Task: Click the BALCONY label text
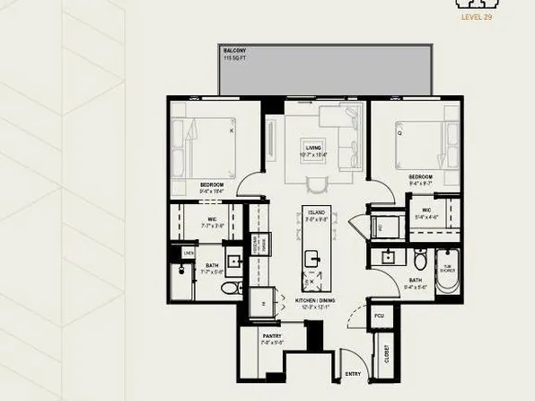234,50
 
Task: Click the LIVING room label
313,147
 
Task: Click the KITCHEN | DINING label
316,300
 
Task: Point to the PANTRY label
272,336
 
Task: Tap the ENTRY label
353,373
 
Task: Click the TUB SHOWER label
447,267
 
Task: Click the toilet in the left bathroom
230,287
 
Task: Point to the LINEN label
188,254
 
